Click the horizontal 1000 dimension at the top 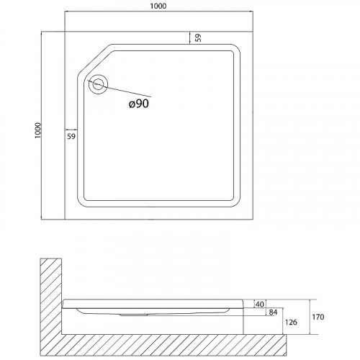(x=158, y=6)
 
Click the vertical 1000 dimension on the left (x=38, y=130)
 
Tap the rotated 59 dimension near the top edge (x=198, y=37)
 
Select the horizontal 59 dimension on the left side (x=71, y=136)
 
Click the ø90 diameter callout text (x=139, y=104)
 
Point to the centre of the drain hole (x=98, y=84)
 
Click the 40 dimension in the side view (x=260, y=305)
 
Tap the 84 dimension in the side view (x=273, y=312)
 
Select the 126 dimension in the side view (x=291, y=322)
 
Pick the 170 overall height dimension (x=318, y=317)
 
